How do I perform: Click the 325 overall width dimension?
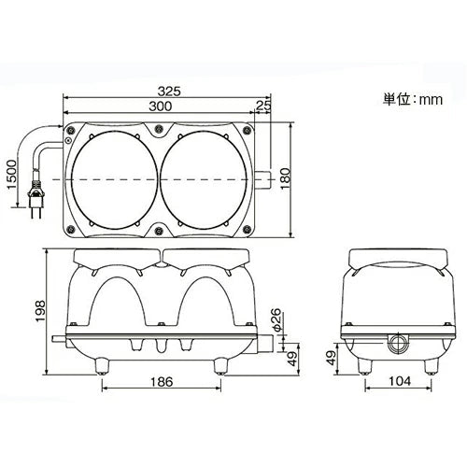click(169, 92)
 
